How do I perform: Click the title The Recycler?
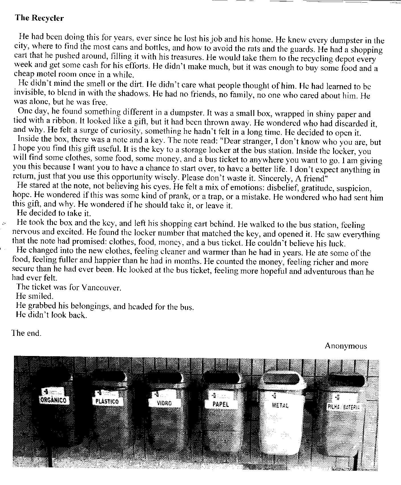pyautogui.click(x=39, y=18)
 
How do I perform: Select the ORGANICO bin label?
pyautogui.click(x=54, y=400)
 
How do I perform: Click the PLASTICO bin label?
pyautogui.click(x=106, y=402)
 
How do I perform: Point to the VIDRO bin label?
pyautogui.click(x=164, y=403)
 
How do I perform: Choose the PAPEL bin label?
pyautogui.click(x=221, y=404)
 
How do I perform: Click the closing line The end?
pyautogui.click(x=27, y=333)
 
